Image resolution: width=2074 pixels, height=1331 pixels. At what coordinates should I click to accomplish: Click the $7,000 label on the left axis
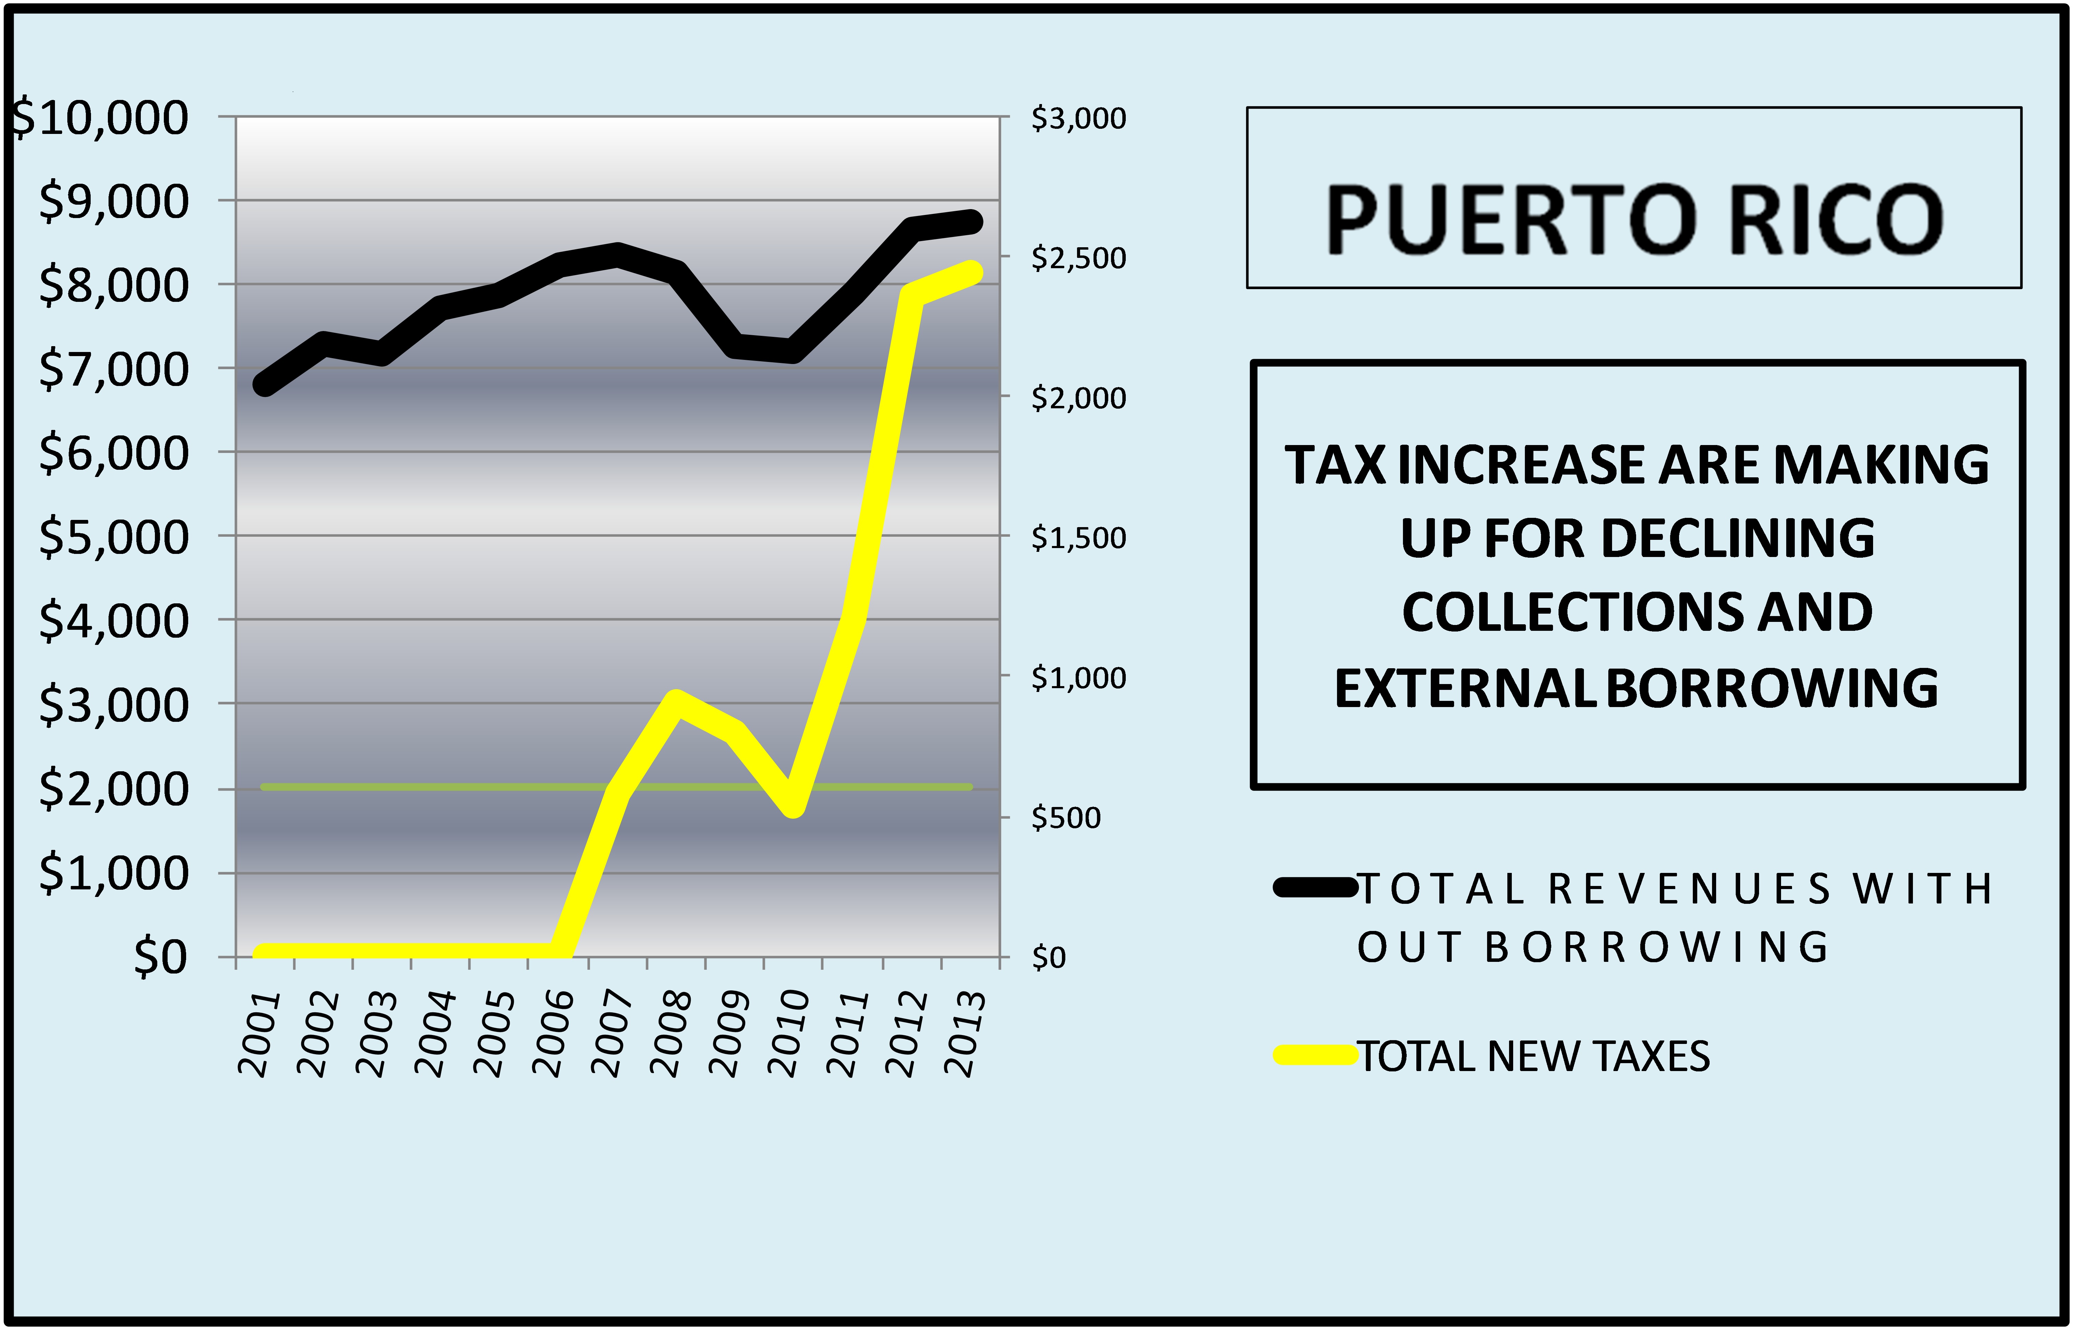[x=112, y=369]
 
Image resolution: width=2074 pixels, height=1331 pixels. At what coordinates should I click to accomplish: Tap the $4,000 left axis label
[x=112, y=621]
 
